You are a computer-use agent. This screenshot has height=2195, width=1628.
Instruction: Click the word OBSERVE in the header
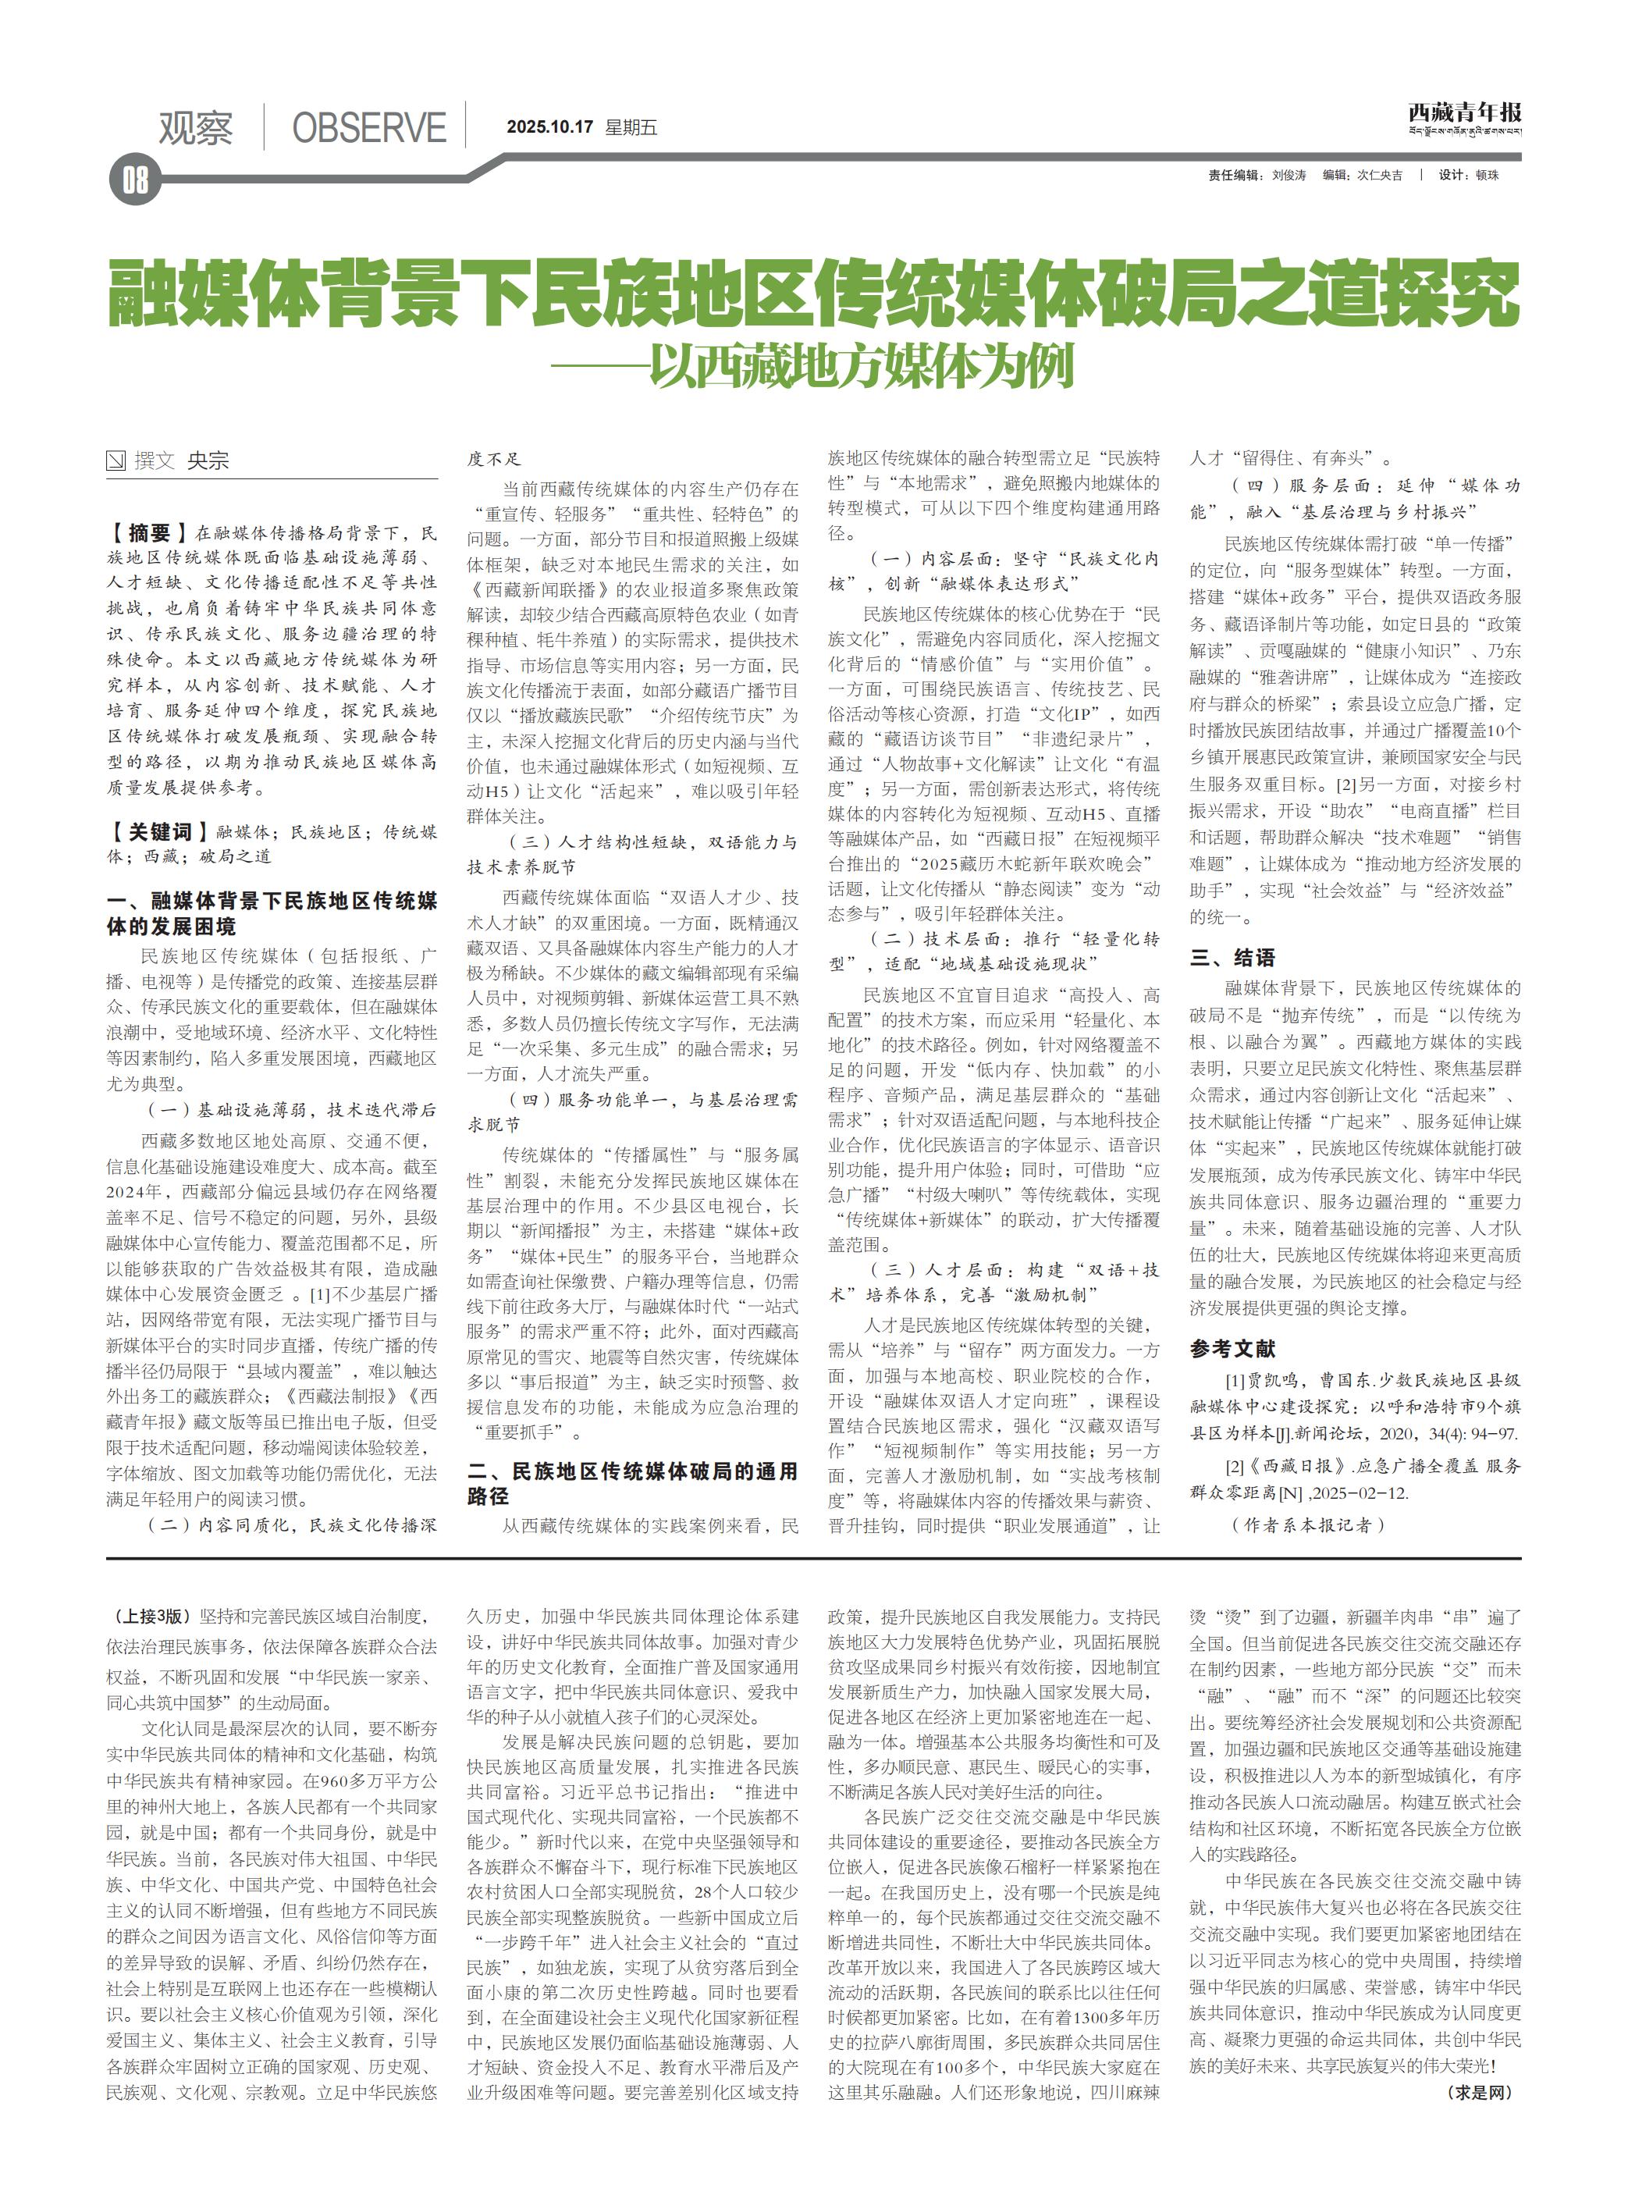point(368,128)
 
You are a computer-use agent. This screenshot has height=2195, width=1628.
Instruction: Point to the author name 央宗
point(208,461)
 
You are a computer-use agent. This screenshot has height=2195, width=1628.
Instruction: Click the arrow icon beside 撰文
point(116,461)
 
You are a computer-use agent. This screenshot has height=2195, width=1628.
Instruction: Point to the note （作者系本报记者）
point(1308,1524)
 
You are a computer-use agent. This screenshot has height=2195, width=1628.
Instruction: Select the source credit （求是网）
point(1478,2093)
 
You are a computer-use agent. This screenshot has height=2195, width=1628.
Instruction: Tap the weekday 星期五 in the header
point(631,127)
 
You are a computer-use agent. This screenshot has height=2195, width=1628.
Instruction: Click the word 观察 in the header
point(196,128)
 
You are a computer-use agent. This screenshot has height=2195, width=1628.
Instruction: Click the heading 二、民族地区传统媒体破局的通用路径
point(631,1483)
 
